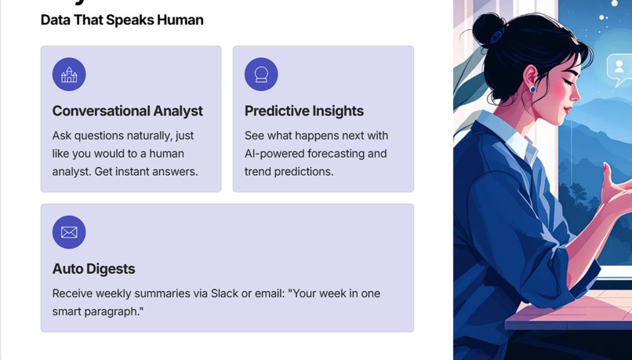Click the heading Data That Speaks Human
[122, 20]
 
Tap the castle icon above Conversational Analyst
[69, 75]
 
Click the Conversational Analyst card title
[127, 111]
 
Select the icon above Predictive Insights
[261, 75]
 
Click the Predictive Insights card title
[303, 111]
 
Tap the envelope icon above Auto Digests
[69, 232]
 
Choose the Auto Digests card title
[93, 268]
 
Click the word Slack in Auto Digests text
[224, 293]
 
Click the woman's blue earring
[533, 88]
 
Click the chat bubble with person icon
[619, 68]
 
